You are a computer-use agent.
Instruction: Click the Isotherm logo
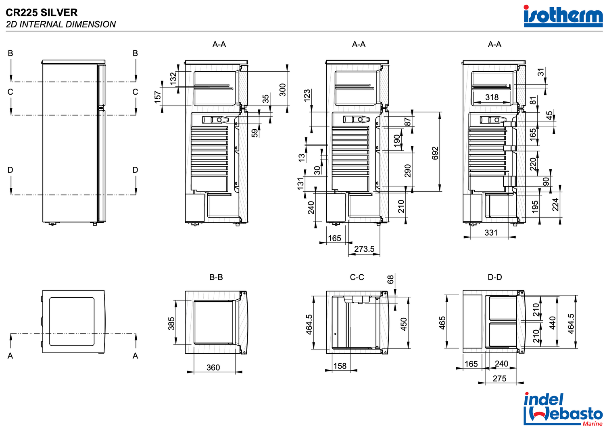563,16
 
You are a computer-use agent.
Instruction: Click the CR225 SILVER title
42,12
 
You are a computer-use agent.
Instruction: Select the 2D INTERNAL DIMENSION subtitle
61,24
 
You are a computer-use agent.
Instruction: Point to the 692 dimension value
435,153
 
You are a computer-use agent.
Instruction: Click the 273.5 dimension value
364,249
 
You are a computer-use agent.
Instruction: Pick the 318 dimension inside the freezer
492,97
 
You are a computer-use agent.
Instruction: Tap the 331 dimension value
491,232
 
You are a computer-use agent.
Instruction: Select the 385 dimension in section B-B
171,323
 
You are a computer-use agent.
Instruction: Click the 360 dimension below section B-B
213,367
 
